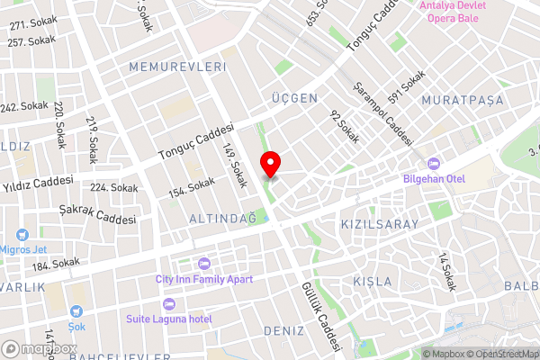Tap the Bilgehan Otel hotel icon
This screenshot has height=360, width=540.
(x=433, y=163)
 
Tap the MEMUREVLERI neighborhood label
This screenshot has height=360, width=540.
(x=176, y=67)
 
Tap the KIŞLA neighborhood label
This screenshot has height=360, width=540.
(x=372, y=281)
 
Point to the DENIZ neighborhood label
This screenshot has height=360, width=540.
(x=284, y=330)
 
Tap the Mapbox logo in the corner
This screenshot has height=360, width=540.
(x=36, y=347)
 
